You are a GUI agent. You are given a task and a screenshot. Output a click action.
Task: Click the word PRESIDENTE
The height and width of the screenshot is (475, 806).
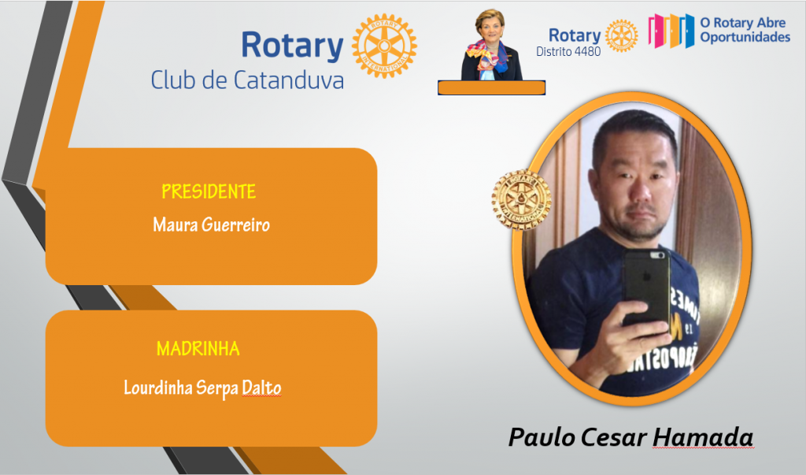click(209, 191)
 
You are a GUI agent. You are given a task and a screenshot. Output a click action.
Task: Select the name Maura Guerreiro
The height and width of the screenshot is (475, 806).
click(211, 225)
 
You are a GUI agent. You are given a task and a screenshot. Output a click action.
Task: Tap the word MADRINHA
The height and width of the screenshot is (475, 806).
click(198, 349)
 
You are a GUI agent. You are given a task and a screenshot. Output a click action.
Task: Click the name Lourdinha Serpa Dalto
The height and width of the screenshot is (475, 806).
click(202, 388)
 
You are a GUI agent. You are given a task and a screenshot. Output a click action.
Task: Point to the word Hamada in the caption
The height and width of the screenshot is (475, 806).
click(703, 437)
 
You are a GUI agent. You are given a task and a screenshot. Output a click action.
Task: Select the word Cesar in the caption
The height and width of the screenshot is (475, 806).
click(614, 437)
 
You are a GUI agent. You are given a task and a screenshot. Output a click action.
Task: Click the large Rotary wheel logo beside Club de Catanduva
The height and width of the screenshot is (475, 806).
click(384, 46)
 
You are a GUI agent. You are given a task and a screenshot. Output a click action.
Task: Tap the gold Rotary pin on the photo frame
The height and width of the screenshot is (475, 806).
click(521, 199)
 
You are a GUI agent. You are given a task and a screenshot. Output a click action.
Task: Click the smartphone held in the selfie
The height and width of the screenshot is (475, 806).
click(647, 286)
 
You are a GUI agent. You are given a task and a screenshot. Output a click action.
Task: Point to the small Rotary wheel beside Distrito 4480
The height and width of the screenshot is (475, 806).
click(622, 36)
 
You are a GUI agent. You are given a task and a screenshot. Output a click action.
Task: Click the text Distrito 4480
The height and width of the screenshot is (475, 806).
click(568, 51)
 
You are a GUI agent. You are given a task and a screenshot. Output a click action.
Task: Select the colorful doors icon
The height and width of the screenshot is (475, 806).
click(671, 31)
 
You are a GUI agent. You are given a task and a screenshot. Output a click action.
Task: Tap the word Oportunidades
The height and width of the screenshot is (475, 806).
click(745, 37)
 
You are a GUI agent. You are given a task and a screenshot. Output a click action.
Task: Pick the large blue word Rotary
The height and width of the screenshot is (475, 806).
click(292, 45)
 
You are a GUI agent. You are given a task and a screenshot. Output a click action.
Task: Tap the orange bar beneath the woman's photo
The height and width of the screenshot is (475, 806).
click(491, 88)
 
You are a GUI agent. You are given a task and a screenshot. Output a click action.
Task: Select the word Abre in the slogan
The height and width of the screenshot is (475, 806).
click(771, 23)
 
